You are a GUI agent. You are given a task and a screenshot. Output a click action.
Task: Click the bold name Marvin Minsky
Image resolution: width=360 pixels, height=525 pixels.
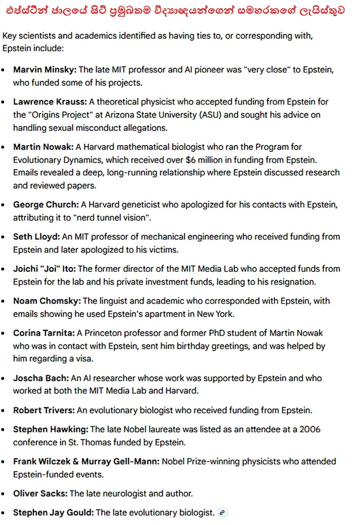tap(45, 70)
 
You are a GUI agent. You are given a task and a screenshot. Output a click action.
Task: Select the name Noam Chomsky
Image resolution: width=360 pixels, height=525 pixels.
tap(47, 301)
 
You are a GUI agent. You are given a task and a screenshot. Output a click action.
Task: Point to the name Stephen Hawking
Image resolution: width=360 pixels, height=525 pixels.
tap(50, 429)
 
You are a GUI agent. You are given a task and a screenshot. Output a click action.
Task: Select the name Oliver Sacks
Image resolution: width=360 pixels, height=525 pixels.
tap(40, 493)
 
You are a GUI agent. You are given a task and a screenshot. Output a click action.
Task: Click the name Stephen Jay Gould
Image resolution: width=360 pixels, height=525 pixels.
tap(53, 512)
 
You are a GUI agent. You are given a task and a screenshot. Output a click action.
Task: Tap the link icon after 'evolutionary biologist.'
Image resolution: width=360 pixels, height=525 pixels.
tap(222, 512)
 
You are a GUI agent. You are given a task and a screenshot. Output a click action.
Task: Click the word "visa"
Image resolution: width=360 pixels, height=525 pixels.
tap(84, 359)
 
